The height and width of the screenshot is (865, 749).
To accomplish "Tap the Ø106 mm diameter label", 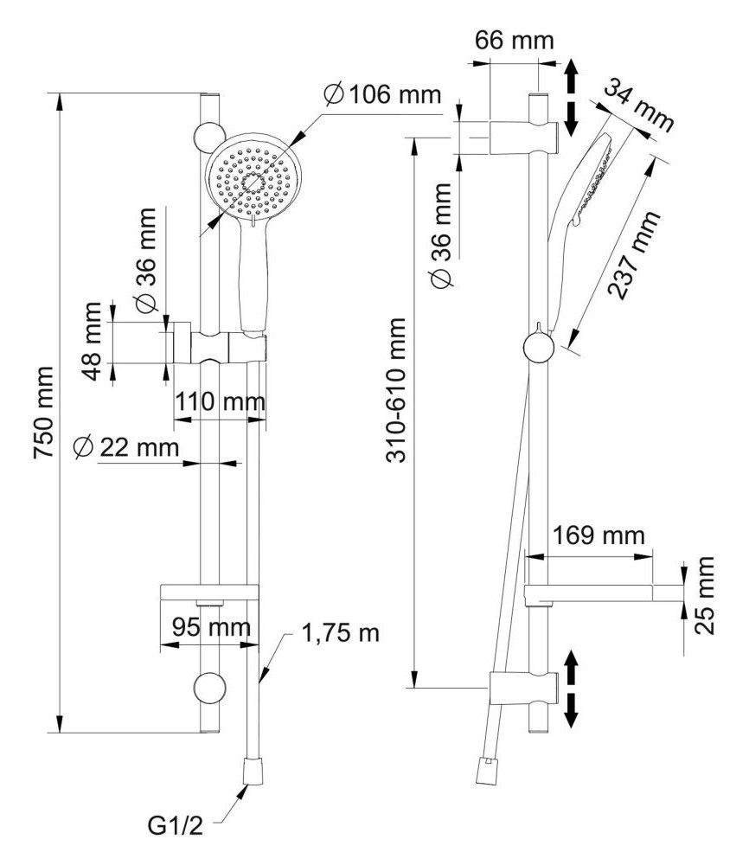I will (x=381, y=93).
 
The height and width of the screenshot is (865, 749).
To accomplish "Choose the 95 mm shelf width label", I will (x=210, y=625).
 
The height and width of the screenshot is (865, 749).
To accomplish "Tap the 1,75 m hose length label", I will (x=341, y=631).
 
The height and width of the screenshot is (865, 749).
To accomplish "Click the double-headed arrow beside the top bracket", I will (x=571, y=96).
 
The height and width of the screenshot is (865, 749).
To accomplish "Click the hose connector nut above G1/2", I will (x=253, y=769).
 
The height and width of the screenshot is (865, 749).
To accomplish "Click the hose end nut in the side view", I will (x=484, y=770).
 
